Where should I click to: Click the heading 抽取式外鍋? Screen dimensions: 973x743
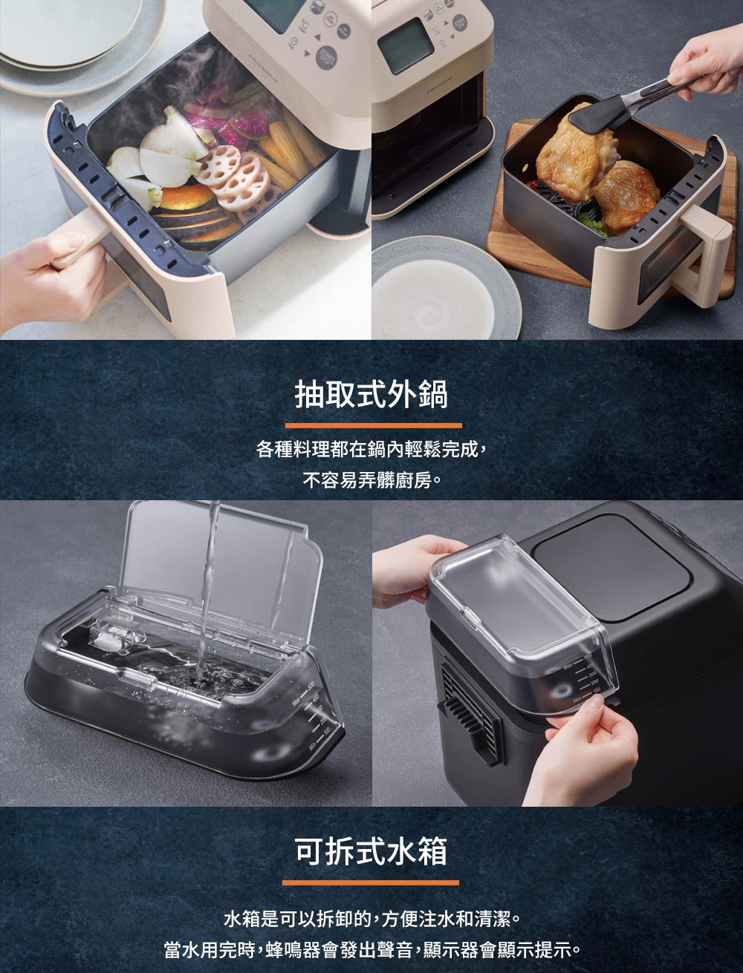click(371, 396)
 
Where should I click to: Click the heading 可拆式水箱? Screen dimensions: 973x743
click(371, 851)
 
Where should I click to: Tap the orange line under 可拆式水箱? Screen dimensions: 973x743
click(371, 882)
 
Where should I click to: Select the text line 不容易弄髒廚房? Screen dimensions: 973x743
click(371, 481)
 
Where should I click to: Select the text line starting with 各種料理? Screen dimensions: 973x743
click(371, 450)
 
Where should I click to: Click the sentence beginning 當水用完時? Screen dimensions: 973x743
click(371, 951)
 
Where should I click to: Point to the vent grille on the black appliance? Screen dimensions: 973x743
click(466, 705)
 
